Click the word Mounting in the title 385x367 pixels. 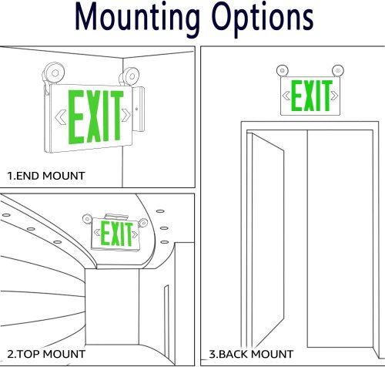[x=137, y=19]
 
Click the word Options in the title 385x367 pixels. [x=263, y=19]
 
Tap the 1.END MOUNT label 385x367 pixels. [x=46, y=176]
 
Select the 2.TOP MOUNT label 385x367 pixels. [x=46, y=354]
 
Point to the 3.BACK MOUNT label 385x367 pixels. [x=251, y=354]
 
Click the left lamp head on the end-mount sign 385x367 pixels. [x=53, y=74]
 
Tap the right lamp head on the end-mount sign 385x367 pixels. [x=129, y=76]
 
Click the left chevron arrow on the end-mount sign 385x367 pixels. [x=61, y=117]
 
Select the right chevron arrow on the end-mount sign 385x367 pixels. [x=126, y=115]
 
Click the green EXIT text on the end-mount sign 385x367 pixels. [x=95, y=116]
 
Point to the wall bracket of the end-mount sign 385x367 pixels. [x=139, y=109]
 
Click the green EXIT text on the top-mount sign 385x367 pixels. [x=116, y=234]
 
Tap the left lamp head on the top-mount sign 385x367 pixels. [x=87, y=219]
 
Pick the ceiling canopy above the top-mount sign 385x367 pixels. [x=116, y=217]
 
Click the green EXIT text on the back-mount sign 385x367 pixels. [x=311, y=96]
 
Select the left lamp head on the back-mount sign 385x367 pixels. [x=283, y=70]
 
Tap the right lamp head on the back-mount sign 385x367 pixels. [x=338, y=70]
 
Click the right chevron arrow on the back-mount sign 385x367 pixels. [x=334, y=96]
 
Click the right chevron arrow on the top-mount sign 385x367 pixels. [x=135, y=234]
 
